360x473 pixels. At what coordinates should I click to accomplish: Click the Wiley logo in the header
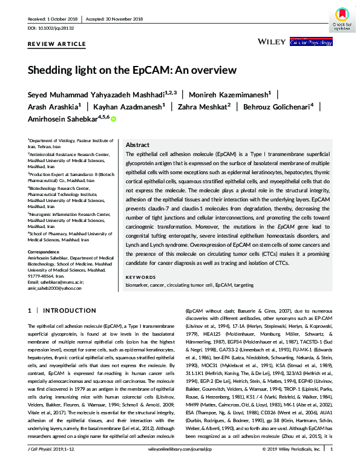271,42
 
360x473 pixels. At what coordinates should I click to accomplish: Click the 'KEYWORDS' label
140,277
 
